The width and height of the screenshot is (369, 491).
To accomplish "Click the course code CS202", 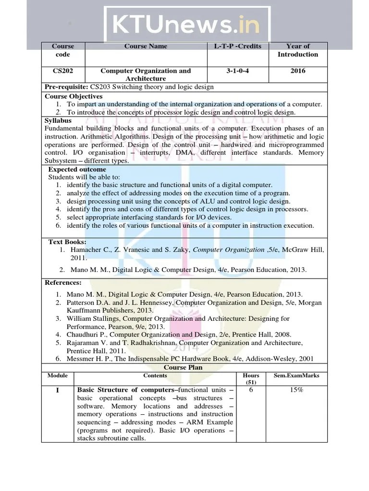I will [x=62, y=71].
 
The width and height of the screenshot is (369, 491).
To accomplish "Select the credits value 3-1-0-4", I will [x=238, y=71].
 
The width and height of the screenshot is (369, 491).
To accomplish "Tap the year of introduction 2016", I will [x=298, y=71].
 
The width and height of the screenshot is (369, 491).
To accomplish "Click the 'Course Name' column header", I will [x=146, y=47].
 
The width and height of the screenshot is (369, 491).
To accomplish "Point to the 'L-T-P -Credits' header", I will [x=238, y=47].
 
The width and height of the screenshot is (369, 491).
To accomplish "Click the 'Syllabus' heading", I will [x=58, y=120].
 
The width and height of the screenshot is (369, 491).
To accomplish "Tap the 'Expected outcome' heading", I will [x=77, y=169].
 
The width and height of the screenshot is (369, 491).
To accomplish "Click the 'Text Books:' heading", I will [x=67, y=242].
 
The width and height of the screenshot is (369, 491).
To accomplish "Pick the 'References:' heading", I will [x=63, y=282].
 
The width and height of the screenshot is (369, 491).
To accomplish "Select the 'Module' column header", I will [x=57, y=375].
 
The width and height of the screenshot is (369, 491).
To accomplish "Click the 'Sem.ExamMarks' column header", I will [x=296, y=375].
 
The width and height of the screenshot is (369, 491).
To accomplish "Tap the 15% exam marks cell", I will [x=296, y=390].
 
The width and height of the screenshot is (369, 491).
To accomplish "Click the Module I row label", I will [x=57, y=390].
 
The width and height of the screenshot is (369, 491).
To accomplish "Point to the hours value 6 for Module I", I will [x=251, y=390].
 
